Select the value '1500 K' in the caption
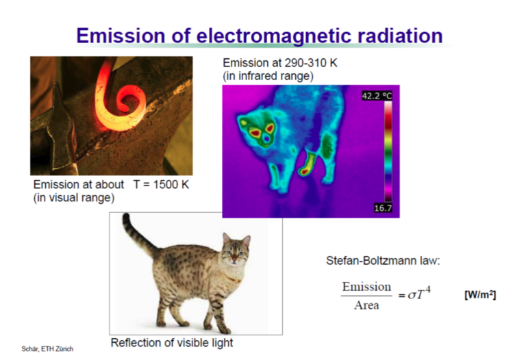click(171, 184)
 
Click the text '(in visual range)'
click(74, 198)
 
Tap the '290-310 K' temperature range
click(311, 63)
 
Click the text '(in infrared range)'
click(268, 76)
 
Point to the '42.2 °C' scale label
click(377, 97)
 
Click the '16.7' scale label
click(383, 208)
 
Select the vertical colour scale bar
click(388, 151)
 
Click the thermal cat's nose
click(266, 138)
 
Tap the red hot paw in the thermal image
click(305, 172)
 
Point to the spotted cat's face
click(236, 250)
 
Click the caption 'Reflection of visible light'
click(172, 343)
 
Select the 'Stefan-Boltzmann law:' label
click(383, 261)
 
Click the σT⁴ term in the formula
click(419, 294)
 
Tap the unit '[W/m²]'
click(480, 295)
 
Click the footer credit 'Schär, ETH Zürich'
click(47, 349)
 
